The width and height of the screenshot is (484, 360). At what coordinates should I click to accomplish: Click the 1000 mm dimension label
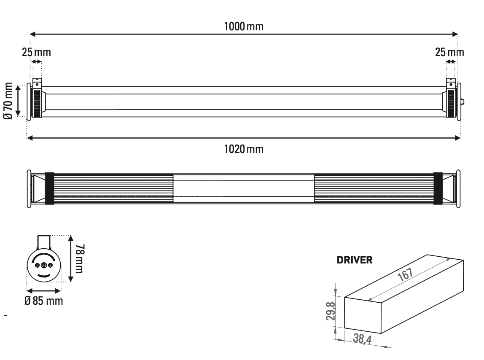point(244,26)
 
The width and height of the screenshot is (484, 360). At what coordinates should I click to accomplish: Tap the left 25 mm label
point(36,53)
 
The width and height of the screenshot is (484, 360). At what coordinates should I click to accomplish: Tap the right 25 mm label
point(449,53)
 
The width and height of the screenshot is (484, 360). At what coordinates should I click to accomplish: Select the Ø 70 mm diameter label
point(8,100)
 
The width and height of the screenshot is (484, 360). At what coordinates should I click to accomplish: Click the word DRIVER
point(354,260)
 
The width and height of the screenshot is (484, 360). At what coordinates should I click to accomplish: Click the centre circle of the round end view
point(44,266)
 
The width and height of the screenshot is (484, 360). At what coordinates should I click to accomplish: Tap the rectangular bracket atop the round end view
point(44,242)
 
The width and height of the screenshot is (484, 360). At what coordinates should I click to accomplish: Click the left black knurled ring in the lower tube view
point(50,188)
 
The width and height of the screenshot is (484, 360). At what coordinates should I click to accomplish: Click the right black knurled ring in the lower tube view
point(438,188)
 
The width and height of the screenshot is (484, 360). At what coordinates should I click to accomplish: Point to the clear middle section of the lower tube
point(244,188)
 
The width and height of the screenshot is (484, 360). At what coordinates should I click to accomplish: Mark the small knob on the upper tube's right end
point(463,102)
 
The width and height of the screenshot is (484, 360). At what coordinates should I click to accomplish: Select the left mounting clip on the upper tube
point(38,82)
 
